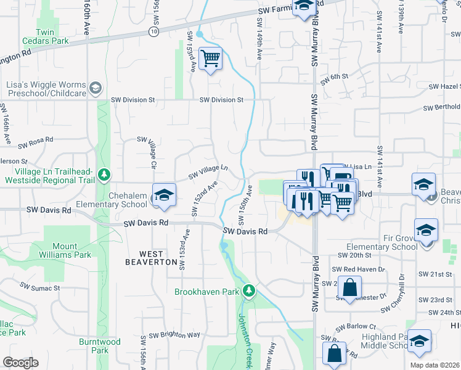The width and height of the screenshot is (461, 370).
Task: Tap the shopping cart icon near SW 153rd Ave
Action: (x=211, y=59)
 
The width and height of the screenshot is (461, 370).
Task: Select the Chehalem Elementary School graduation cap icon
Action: (x=163, y=195)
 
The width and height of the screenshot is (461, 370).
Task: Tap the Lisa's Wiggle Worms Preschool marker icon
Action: (x=96, y=88)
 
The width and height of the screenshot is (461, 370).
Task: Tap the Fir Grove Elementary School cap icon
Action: (x=425, y=229)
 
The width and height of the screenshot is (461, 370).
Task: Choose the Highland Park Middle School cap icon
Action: (x=419, y=340)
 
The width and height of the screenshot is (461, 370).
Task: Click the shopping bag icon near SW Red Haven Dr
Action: (x=349, y=287)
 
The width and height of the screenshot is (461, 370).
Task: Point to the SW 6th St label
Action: (x=336, y=76)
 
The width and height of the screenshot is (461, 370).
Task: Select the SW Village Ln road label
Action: (x=208, y=171)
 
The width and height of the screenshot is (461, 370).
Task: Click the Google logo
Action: (x=20, y=363)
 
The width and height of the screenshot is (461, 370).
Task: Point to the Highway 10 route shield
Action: (x=153, y=30)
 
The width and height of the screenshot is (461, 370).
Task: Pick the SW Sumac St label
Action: (x=39, y=287)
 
